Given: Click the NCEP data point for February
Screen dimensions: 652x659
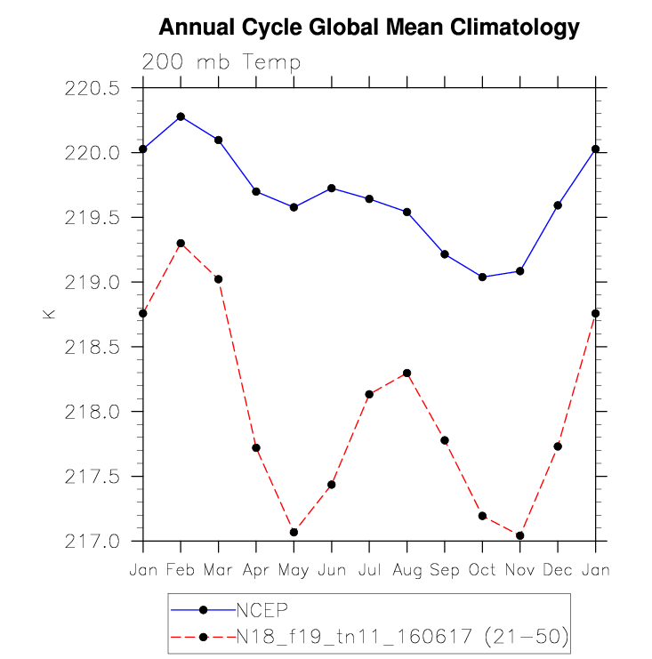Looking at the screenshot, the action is pyautogui.click(x=181, y=117).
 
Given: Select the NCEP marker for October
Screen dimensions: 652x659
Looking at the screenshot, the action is pyautogui.click(x=482, y=277).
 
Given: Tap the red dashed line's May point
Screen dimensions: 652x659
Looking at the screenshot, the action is pyautogui.click(x=294, y=532).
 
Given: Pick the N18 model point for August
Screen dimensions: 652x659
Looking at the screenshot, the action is pyautogui.click(x=406, y=373).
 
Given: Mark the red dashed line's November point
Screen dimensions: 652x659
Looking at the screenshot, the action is pyautogui.click(x=520, y=535).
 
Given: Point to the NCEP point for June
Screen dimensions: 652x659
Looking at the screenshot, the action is pyautogui.click(x=331, y=188).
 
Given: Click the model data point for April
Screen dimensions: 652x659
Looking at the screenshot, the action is pyautogui.click(x=256, y=447).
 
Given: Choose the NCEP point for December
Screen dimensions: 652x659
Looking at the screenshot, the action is pyautogui.click(x=558, y=205).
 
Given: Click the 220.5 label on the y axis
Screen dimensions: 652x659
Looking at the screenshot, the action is pyautogui.click(x=92, y=88).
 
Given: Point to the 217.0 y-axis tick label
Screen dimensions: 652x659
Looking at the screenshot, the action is pyautogui.click(x=92, y=542).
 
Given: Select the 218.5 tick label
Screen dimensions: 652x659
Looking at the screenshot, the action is pyautogui.click(x=92, y=347).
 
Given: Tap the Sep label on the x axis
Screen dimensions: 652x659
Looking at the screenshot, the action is pyautogui.click(x=445, y=571).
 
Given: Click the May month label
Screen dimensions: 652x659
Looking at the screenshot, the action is pyautogui.click(x=294, y=571).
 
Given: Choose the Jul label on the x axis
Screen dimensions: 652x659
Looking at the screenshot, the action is pyautogui.click(x=369, y=570).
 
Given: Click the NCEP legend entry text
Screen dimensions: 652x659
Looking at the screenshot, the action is pyautogui.click(x=262, y=610).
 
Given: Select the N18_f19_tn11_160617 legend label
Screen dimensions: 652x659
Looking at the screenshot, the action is pyautogui.click(x=354, y=636).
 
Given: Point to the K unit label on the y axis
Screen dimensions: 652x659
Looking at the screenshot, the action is pyautogui.click(x=49, y=314).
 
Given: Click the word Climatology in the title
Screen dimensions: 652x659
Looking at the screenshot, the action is pyautogui.click(x=514, y=28).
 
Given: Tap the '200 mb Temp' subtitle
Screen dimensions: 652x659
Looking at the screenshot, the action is pyautogui.click(x=221, y=61).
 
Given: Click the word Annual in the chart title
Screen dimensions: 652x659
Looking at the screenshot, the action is pyautogui.click(x=197, y=27).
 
